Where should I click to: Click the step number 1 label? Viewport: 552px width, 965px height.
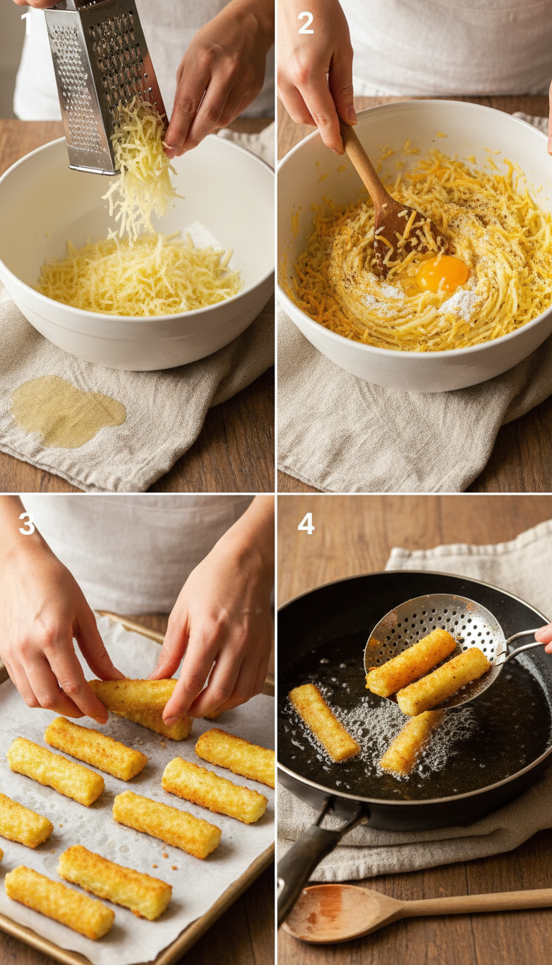tap(27, 24)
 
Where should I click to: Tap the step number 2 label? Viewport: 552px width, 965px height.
tap(305, 24)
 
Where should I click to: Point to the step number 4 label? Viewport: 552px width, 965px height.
tap(305, 523)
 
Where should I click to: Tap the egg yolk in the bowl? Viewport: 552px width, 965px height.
tap(442, 274)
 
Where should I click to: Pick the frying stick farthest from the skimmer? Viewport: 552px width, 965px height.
tap(323, 722)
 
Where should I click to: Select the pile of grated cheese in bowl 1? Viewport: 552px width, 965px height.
tap(140, 276)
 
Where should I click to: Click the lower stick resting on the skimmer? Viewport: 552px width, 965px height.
tap(443, 681)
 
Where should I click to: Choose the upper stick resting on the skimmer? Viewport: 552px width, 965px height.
tap(410, 662)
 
